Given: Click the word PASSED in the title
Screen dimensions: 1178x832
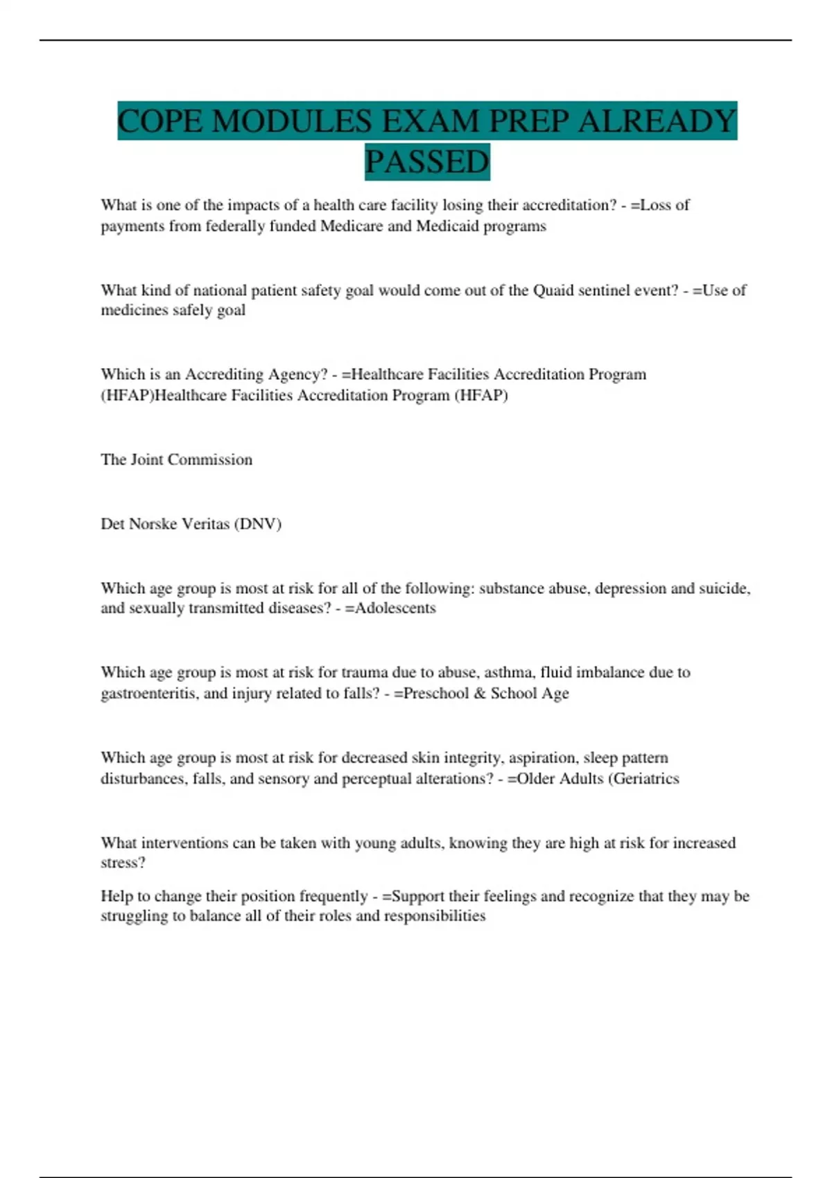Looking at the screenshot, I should coord(427,162).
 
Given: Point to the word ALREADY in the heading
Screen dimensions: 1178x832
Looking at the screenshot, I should coord(657,121).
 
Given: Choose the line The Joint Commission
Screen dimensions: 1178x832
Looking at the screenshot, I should coord(176,459).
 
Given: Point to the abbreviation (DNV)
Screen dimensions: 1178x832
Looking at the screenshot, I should coord(258,524).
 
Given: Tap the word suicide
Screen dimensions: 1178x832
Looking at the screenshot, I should coord(725,588).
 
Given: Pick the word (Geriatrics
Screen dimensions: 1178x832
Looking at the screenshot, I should coord(644,779).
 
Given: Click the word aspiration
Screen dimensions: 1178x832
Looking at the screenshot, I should coord(543,758).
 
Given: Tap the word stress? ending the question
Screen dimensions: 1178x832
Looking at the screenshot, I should coord(123,863).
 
